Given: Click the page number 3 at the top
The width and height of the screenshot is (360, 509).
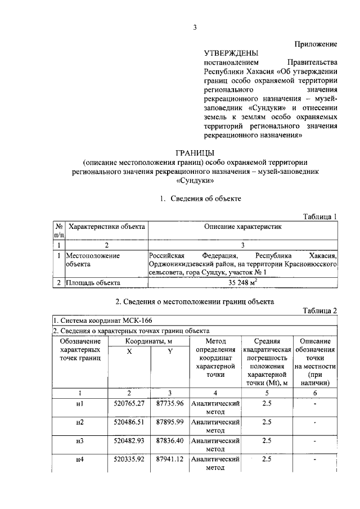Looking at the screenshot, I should tap(195, 29).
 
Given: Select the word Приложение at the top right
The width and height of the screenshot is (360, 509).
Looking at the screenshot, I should tap(316, 43).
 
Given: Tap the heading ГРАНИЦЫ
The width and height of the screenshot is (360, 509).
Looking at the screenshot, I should tap(195, 152).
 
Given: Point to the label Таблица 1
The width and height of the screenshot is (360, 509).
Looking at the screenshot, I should tap(319, 217).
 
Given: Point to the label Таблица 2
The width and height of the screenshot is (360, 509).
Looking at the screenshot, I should tap(319, 310).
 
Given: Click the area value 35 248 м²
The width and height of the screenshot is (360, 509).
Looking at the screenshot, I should tap(242, 282).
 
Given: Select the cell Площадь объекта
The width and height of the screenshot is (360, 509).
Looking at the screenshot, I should tap(93, 283).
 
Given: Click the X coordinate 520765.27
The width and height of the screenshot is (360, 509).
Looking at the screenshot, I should tap(129, 403).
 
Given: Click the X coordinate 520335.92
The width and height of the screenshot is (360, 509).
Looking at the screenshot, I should tap(129, 460).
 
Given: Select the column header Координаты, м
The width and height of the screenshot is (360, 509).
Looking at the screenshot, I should tap(148, 341).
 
